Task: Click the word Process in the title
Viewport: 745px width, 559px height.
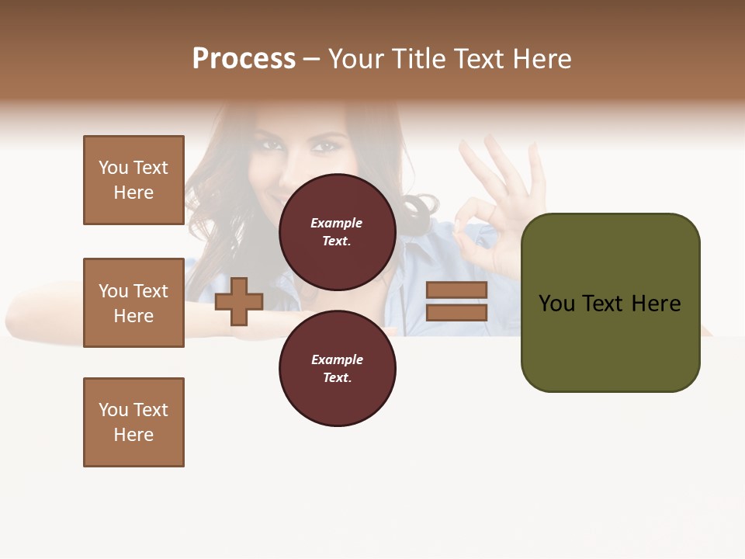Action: (244, 59)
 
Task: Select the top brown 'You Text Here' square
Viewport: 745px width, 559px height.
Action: (133, 180)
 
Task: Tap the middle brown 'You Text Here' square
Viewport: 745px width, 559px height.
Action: (133, 303)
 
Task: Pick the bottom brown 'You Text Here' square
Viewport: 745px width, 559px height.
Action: (133, 422)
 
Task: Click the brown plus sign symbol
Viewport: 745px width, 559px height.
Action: (238, 302)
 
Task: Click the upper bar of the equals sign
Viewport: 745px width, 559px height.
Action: (456, 290)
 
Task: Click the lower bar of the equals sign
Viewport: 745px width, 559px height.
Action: (456, 312)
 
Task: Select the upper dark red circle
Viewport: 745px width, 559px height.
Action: (337, 231)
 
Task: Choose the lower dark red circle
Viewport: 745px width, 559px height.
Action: (337, 368)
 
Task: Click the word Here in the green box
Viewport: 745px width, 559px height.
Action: (656, 304)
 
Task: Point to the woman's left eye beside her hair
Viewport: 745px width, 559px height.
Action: (270, 144)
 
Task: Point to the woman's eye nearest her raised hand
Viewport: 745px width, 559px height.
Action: (324, 145)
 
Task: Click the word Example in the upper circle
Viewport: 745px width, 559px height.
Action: (336, 223)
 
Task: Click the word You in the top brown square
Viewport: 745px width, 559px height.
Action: (113, 168)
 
